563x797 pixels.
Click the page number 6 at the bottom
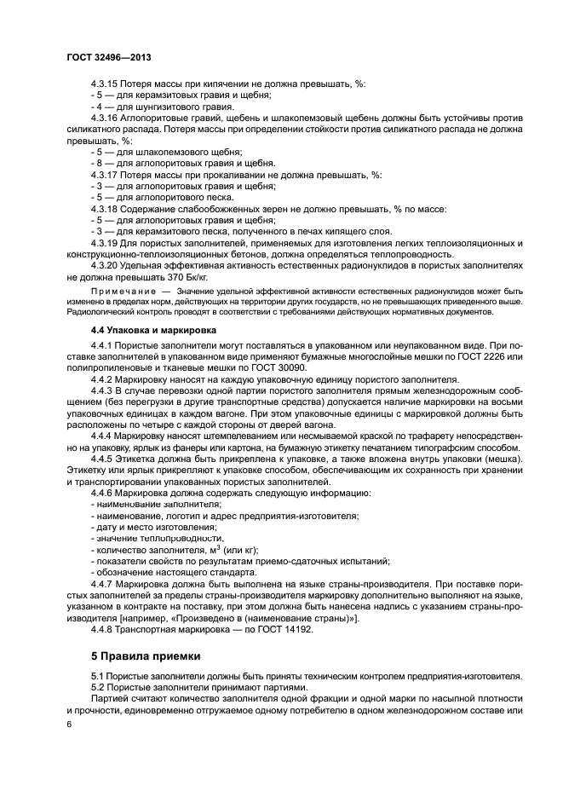(68, 724)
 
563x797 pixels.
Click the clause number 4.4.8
(104, 628)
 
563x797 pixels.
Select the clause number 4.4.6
(104, 494)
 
